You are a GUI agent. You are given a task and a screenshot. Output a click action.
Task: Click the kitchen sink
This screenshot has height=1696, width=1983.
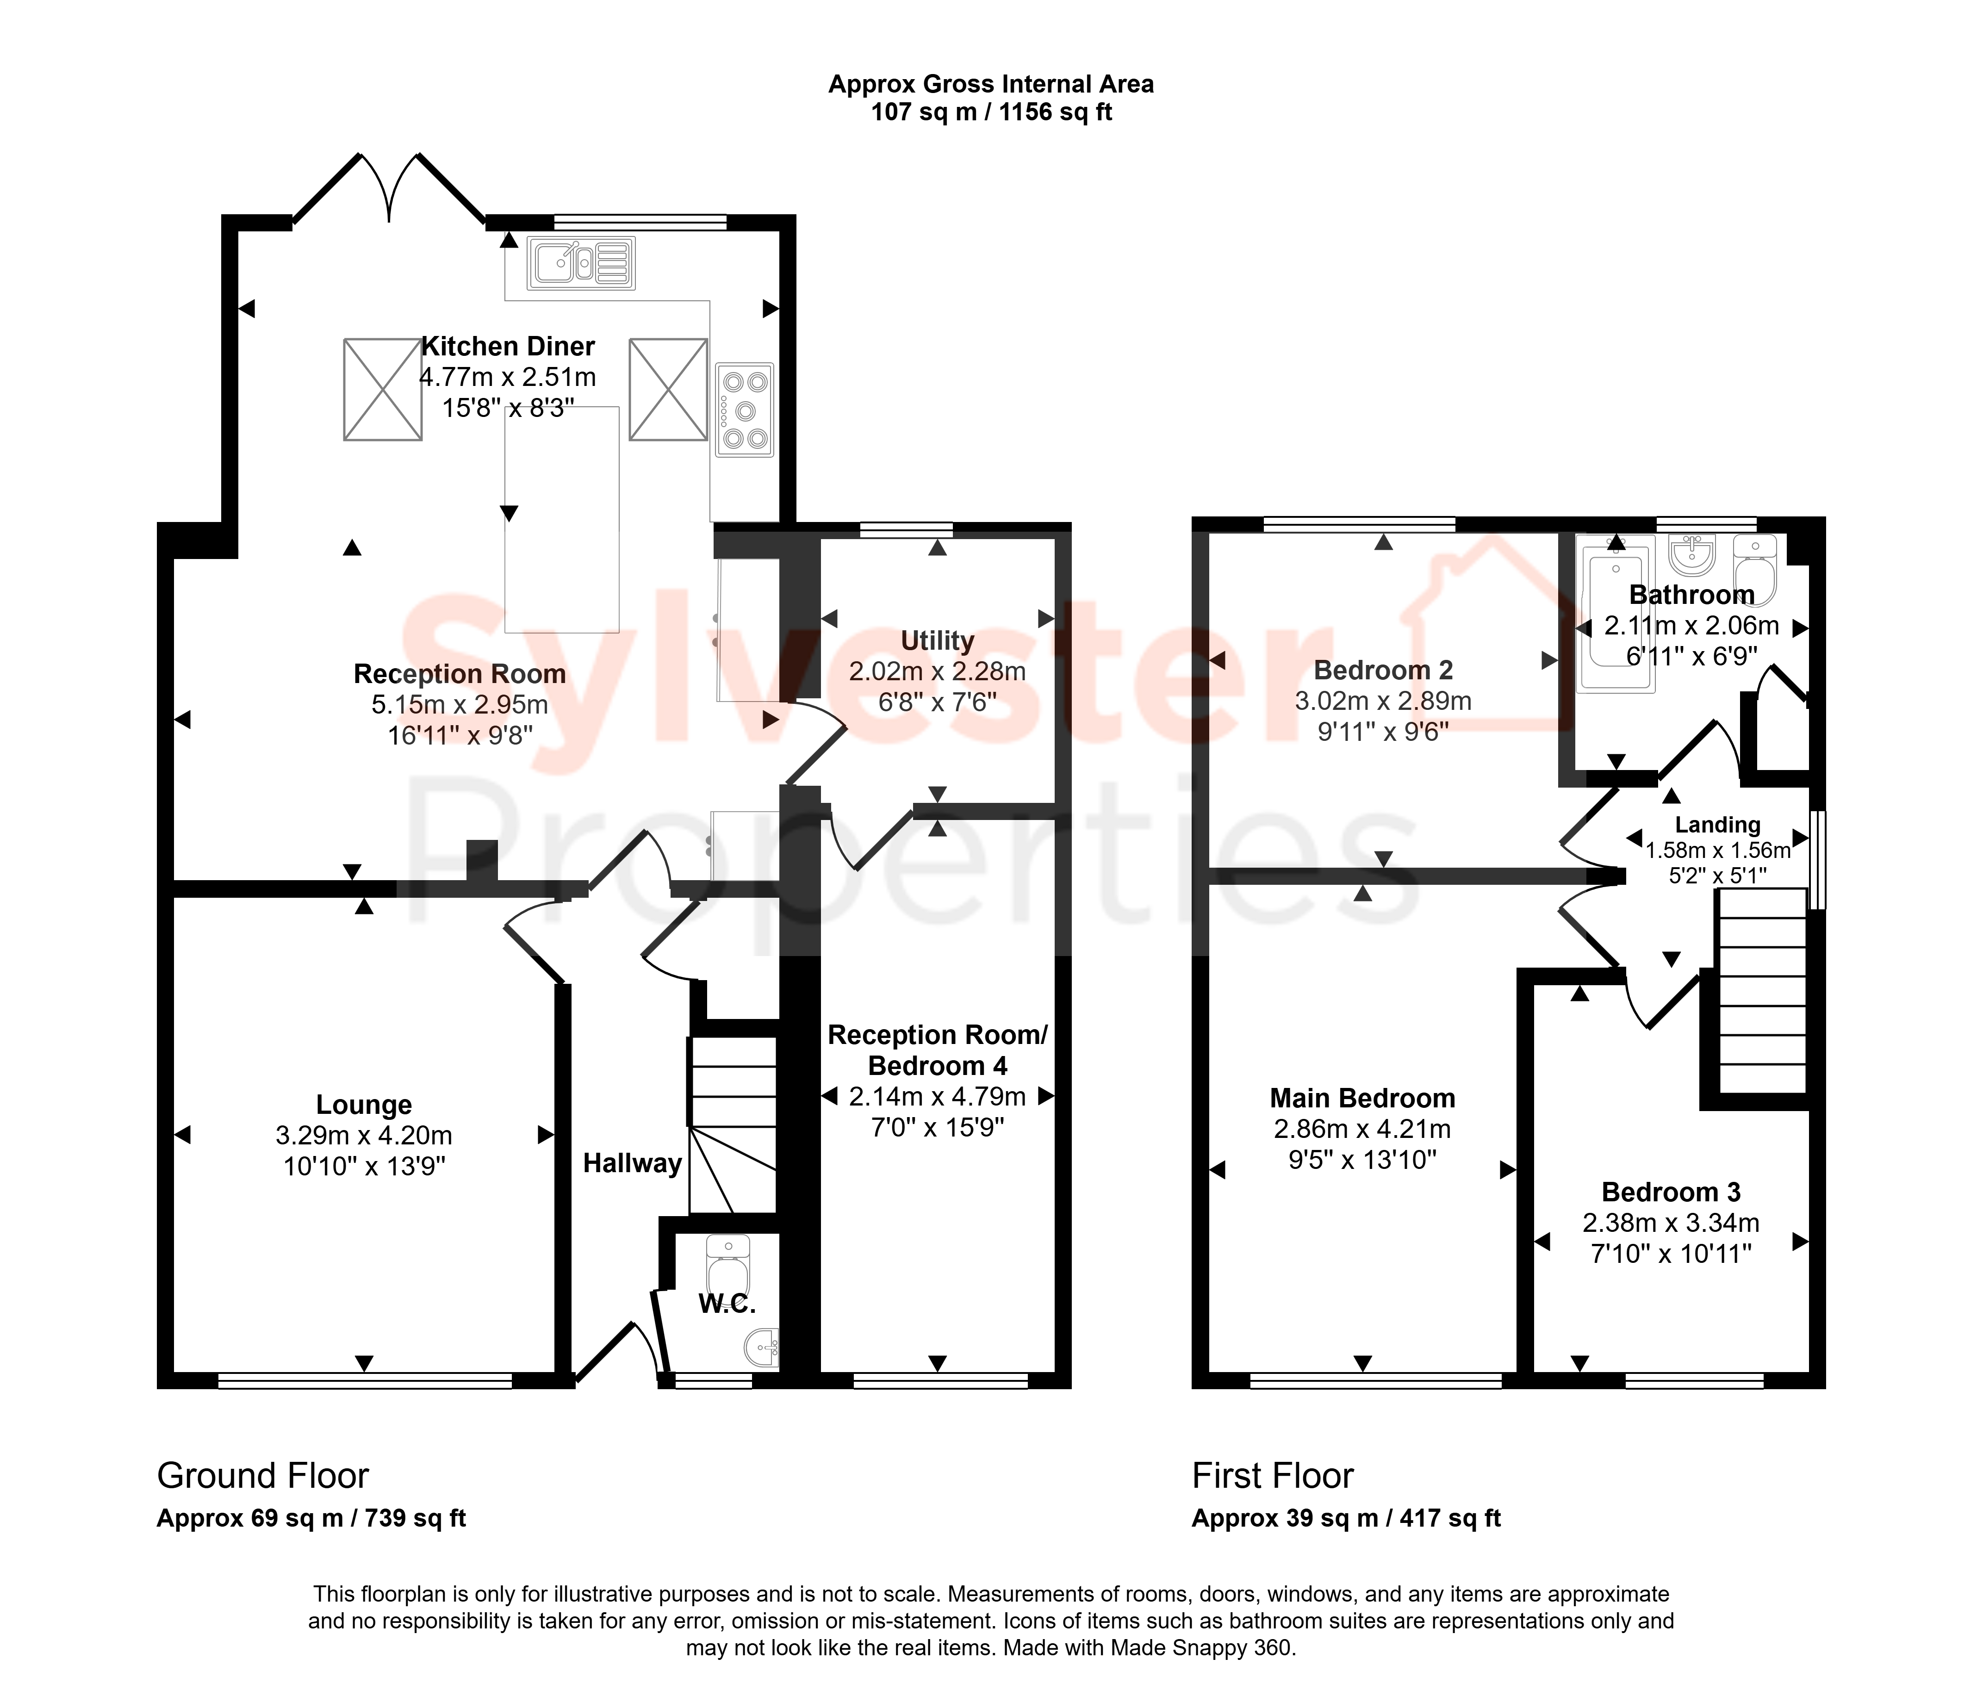[x=581, y=262]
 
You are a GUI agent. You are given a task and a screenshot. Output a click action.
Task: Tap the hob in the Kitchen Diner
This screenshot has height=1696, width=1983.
[x=745, y=410]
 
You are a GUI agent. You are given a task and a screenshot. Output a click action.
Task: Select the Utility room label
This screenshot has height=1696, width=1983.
[x=938, y=640]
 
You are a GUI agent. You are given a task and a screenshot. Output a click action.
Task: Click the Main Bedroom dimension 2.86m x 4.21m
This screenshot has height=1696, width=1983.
[x=1363, y=1130]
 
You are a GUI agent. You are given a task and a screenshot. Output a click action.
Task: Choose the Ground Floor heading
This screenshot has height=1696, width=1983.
[x=263, y=1476]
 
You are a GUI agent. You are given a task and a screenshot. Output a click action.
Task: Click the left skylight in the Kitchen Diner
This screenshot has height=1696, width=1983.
[x=383, y=390]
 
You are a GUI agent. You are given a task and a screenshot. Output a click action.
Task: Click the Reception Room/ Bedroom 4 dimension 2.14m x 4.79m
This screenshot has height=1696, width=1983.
[x=938, y=1097]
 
